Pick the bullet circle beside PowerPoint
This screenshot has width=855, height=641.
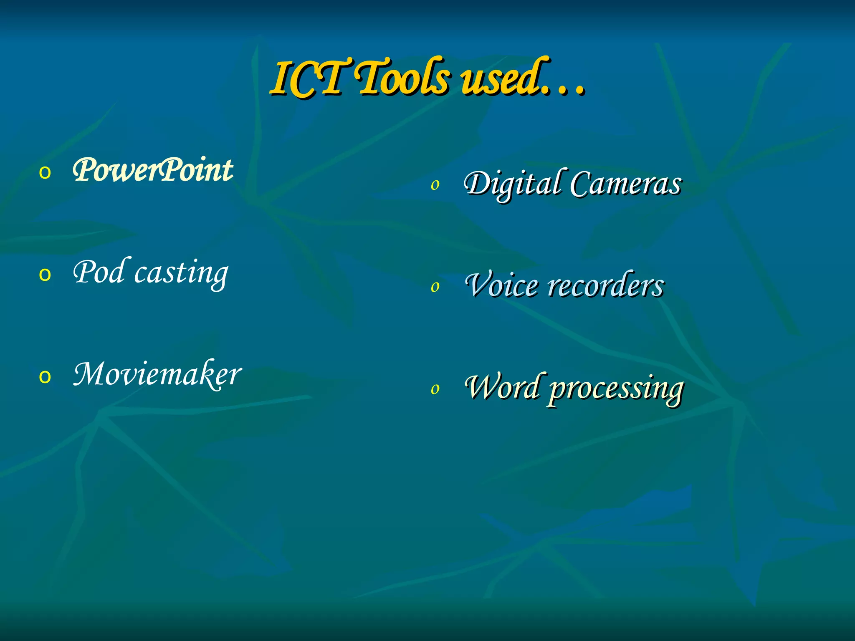tap(45, 172)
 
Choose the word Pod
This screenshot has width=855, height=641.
tap(99, 272)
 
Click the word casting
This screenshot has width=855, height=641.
tap(181, 273)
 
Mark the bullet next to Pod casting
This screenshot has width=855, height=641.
tap(45, 275)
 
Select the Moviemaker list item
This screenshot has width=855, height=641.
tap(157, 374)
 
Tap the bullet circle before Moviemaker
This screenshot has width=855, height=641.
tap(45, 377)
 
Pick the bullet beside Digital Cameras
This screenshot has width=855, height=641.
tap(435, 185)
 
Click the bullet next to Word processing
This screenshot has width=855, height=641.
tap(435, 389)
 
